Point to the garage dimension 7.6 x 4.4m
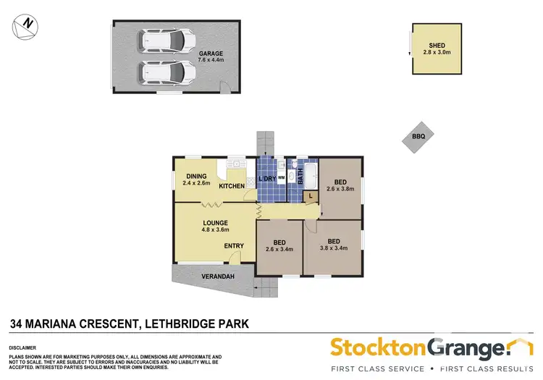click(x=211, y=62)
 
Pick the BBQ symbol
click(x=418, y=136)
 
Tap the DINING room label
click(x=196, y=176)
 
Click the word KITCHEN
click(x=232, y=187)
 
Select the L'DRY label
click(x=267, y=178)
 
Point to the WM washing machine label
click(x=281, y=178)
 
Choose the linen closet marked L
click(x=310, y=195)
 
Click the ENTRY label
click(x=233, y=246)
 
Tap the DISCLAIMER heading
click(x=23, y=347)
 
